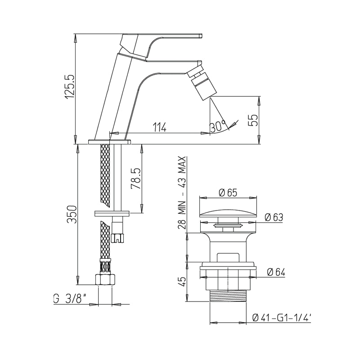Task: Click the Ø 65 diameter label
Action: click(228, 192)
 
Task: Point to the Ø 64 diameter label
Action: click(275, 272)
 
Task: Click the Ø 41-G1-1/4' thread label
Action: click(282, 318)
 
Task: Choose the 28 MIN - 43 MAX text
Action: click(182, 193)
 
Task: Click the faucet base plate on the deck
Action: click(109, 141)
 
